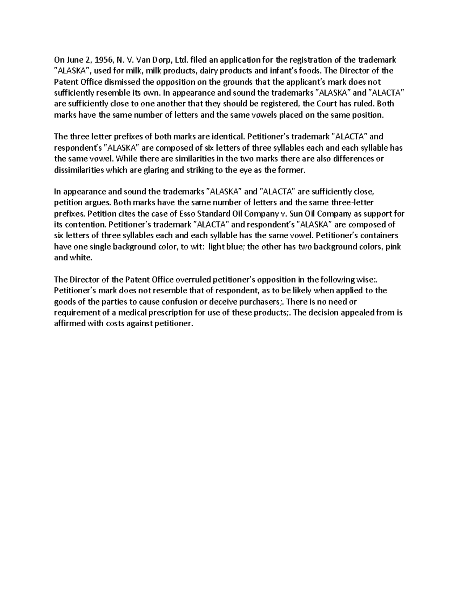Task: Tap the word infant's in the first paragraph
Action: point(280,71)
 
